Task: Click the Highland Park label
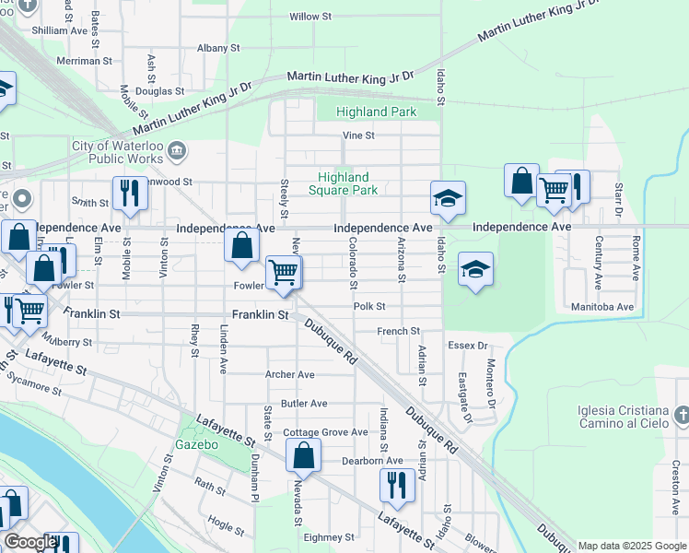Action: click(376, 112)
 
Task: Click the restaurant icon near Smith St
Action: click(129, 194)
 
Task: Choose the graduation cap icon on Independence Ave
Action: click(448, 198)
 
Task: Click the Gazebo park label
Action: click(197, 445)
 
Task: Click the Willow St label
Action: click(310, 17)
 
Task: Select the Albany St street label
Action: click(218, 48)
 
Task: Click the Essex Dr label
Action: click(468, 346)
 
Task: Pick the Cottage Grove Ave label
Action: click(325, 432)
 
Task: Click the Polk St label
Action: click(368, 306)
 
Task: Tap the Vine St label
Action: click(358, 135)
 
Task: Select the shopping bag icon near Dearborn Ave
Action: click(304, 455)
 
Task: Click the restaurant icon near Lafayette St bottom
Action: click(397, 485)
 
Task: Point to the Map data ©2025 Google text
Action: click(632, 546)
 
